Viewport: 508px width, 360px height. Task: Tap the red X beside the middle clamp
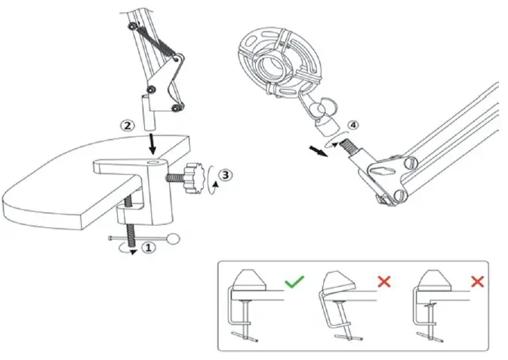[384, 282]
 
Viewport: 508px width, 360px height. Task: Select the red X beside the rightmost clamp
[476, 282]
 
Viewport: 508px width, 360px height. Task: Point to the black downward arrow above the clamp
[154, 141]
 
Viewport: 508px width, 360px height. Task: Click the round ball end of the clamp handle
[175, 241]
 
